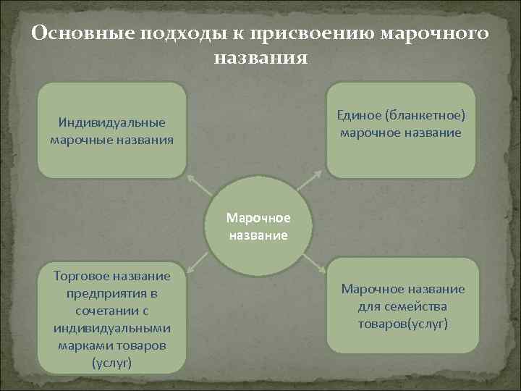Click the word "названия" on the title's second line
coord(260,56)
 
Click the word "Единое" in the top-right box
coord(360,116)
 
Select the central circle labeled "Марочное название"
coord(258,226)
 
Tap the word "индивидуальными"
coord(112,328)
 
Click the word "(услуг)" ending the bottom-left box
coord(112,363)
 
